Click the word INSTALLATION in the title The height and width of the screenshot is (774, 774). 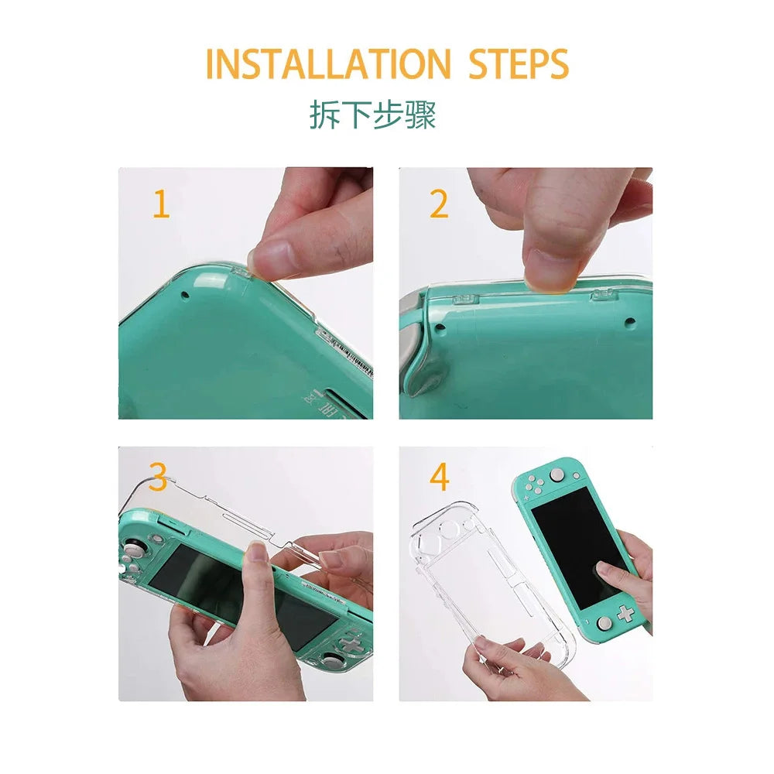(328, 65)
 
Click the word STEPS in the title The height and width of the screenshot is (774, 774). (519, 65)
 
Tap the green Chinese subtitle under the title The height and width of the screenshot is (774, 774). (373, 115)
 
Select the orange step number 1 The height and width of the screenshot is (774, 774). (160, 205)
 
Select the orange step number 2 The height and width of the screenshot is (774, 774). (439, 205)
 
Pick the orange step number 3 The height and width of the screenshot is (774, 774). (158, 478)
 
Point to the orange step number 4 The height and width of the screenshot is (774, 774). (440, 478)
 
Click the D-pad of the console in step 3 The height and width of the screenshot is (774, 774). (351, 643)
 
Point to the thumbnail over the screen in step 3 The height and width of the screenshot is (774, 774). (256, 552)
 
